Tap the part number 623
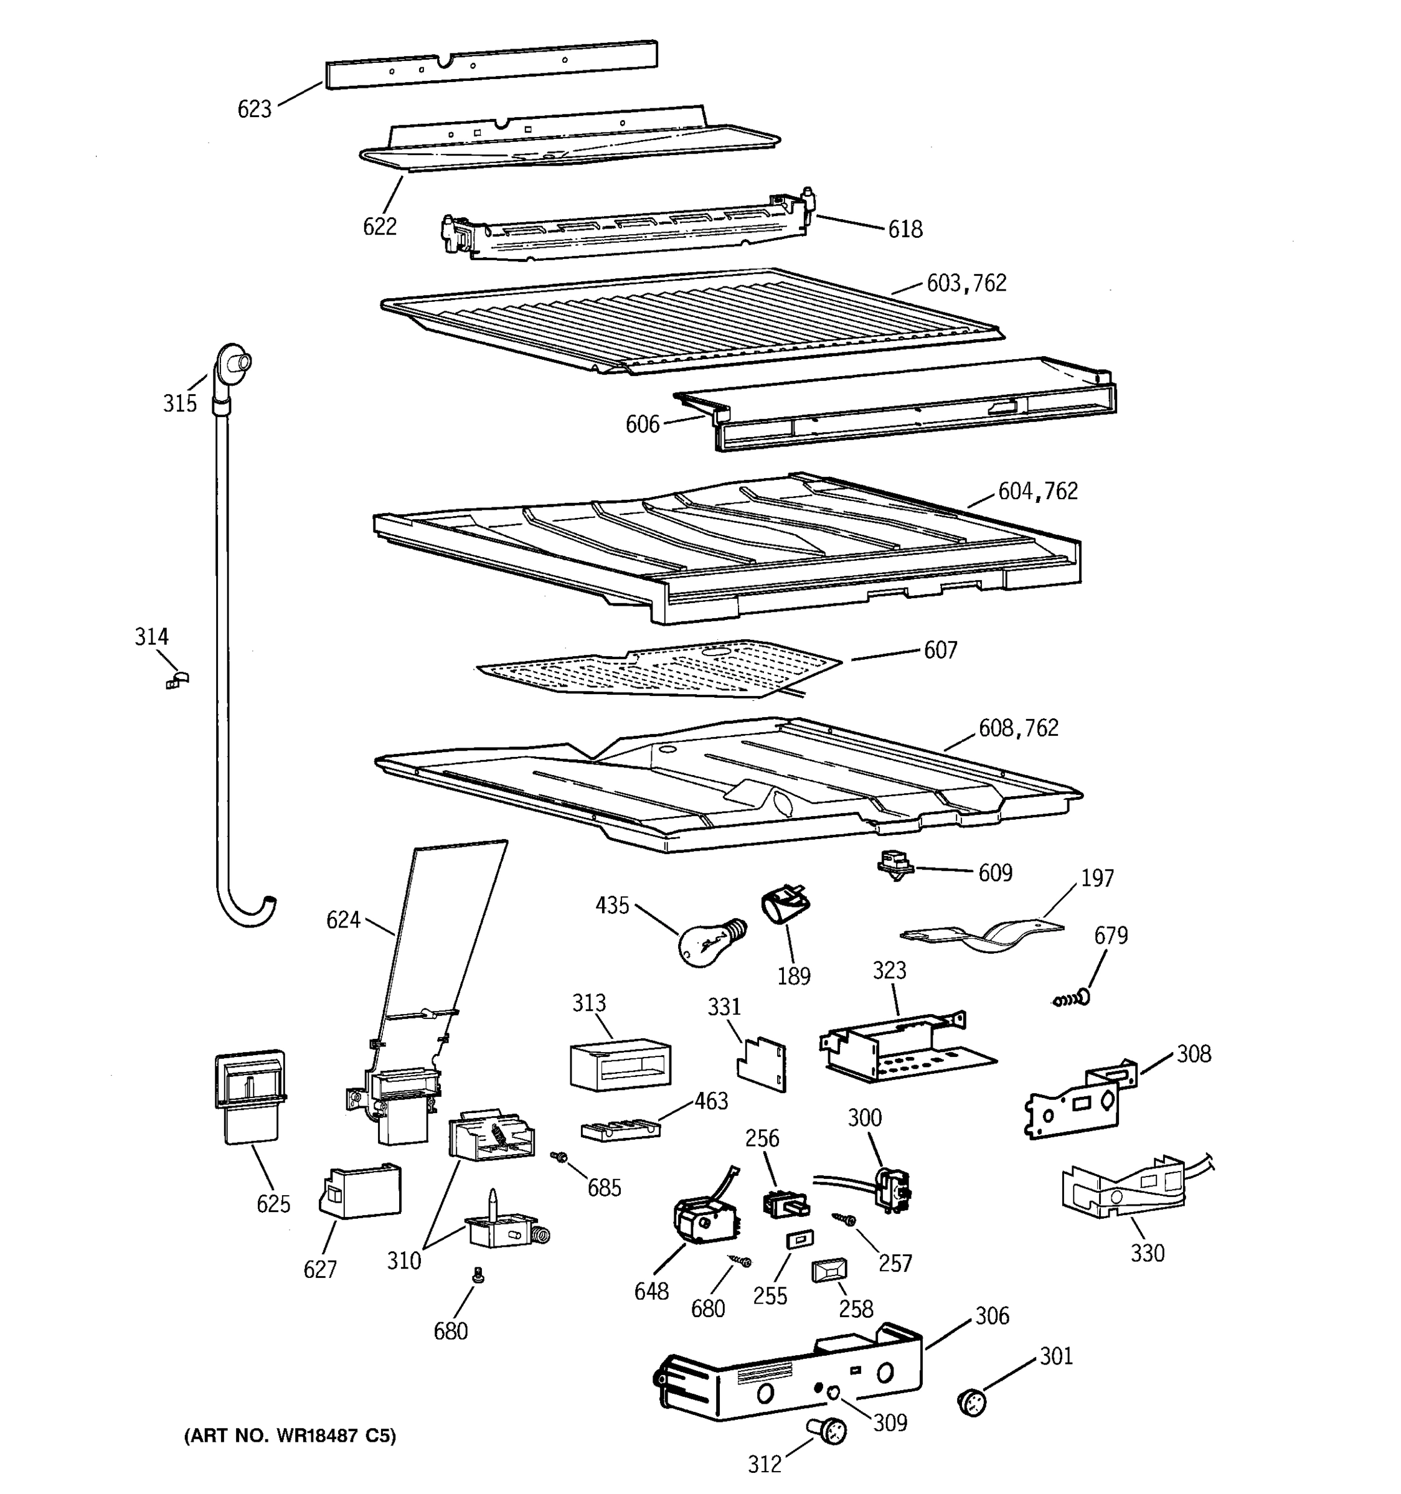(x=254, y=110)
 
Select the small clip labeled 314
(x=177, y=681)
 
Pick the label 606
(x=642, y=425)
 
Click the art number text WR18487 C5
(x=290, y=1435)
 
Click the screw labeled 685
(x=559, y=1157)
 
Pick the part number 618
(x=905, y=229)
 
